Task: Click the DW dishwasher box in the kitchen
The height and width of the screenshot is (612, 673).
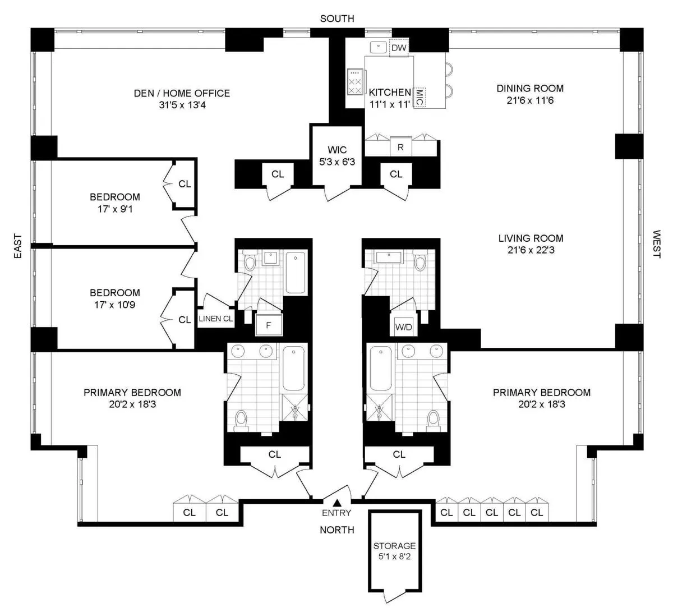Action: tap(399, 48)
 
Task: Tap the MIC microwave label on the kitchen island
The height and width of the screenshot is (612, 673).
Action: tap(420, 98)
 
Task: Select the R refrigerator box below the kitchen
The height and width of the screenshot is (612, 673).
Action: tap(400, 148)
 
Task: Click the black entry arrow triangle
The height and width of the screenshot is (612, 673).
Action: tap(337, 503)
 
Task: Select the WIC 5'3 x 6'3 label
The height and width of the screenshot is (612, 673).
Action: tap(337, 156)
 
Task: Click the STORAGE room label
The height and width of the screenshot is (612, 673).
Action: tap(395, 545)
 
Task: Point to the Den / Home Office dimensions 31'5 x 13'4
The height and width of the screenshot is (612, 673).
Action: tap(174, 104)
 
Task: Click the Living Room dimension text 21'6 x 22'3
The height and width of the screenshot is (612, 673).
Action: tap(531, 251)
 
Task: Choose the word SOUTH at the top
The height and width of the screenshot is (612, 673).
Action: tap(336, 19)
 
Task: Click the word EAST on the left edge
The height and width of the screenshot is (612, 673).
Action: tap(17, 246)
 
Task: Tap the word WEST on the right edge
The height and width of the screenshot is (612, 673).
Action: tap(656, 244)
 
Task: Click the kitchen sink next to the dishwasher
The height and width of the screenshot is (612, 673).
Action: tap(379, 47)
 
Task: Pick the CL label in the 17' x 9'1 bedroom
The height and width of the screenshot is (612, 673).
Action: tap(184, 183)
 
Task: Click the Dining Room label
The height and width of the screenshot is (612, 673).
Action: tap(530, 88)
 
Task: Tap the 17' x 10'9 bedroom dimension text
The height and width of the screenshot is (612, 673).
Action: tap(115, 305)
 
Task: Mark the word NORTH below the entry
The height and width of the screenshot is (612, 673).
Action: tap(336, 530)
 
